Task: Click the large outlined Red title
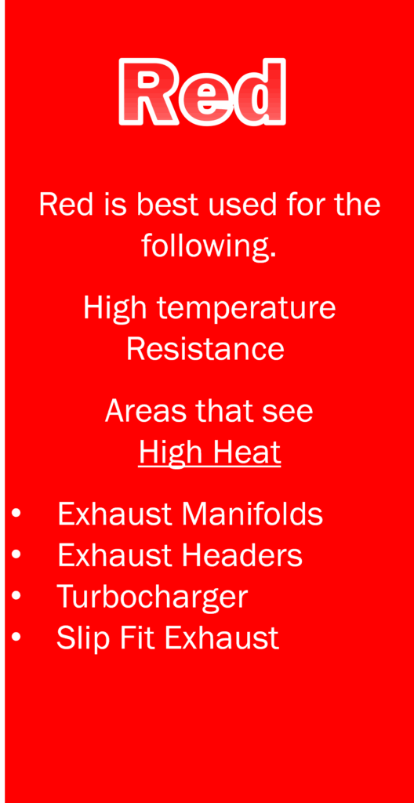point(202,92)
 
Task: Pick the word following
point(209,245)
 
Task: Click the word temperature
point(246,307)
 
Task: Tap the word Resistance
point(205,349)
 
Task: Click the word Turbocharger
point(152,596)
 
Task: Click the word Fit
point(136,638)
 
